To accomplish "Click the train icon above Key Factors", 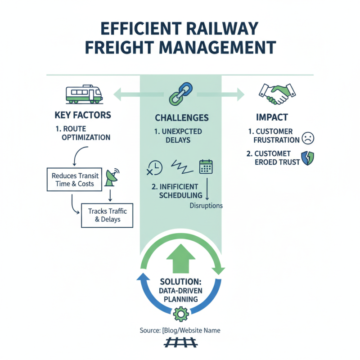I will tap(84, 94).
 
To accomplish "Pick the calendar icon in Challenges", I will tap(206, 166).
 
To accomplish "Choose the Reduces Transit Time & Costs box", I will tap(73, 180).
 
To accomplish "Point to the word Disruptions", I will tap(205, 206).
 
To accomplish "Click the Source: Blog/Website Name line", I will tap(180, 330).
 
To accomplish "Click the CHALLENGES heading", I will tap(182, 118).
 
